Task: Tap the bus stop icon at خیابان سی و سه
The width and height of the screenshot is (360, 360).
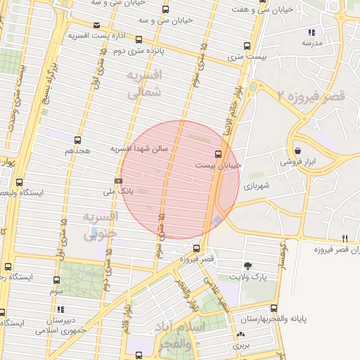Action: coord(165,9)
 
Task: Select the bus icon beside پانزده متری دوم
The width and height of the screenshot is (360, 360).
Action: coord(139,40)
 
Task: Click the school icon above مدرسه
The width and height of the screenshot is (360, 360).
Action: coord(311,32)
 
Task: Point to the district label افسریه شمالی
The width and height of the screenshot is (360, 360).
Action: coord(146,82)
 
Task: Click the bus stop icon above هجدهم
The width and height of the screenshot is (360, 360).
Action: coord(77,140)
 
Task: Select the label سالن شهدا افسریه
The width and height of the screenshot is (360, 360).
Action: coord(140,149)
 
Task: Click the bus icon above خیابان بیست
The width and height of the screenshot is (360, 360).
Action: coord(217,153)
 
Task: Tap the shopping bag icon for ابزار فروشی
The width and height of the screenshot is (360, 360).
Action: coord(298,150)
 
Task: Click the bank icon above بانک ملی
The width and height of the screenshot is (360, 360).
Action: coord(118,181)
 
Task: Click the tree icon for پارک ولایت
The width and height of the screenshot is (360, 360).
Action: coord(247,265)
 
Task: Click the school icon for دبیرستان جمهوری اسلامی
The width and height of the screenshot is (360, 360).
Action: coord(60,309)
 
